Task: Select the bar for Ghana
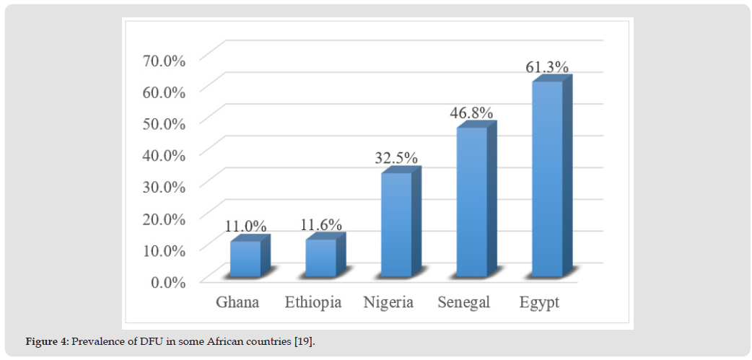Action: tap(245, 259)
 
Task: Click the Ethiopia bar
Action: tap(321, 258)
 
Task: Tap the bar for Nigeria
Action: tap(396, 225)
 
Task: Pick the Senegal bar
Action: tap(471, 203)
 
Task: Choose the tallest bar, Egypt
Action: tap(547, 180)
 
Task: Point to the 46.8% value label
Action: tap(472, 113)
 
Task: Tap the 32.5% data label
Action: tap(396, 159)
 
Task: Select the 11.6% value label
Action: tap(321, 224)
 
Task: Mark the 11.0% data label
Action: tap(246, 226)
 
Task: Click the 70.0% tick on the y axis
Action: tap(163, 60)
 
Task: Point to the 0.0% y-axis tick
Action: tap(167, 281)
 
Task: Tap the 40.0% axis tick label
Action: tap(163, 154)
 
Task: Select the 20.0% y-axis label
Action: tap(163, 218)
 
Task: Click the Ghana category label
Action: tap(237, 302)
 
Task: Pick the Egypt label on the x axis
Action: tap(539, 302)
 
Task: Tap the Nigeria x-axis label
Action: tap(388, 302)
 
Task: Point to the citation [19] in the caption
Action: tap(304, 341)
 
